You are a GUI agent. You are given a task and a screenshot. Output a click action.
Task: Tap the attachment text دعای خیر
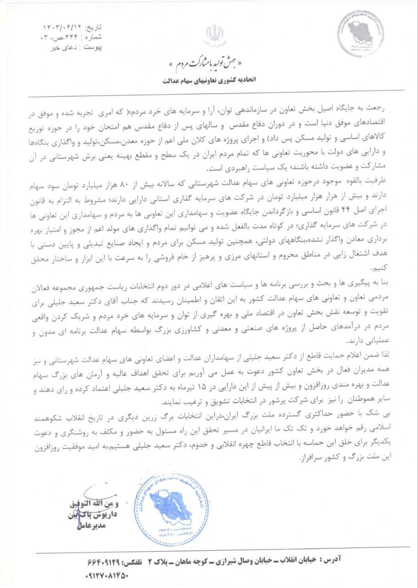(61, 46)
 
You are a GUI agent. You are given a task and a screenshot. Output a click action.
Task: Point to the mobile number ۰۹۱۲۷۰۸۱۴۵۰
(107, 574)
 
